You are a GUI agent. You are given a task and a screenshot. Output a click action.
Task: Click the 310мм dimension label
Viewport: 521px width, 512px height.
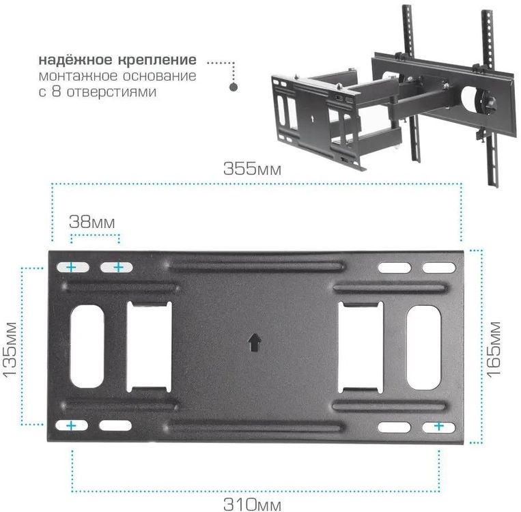tap(252, 505)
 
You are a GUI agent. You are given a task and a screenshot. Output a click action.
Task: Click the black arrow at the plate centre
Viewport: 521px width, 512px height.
tap(254, 341)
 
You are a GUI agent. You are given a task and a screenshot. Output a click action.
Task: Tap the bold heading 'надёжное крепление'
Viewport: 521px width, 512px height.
tap(117, 60)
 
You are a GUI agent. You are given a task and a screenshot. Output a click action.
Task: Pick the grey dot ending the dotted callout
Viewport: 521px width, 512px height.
tap(234, 87)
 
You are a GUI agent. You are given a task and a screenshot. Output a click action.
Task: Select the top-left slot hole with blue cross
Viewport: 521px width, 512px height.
tap(71, 267)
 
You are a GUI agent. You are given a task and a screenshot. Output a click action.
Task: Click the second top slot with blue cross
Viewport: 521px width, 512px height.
tap(117, 267)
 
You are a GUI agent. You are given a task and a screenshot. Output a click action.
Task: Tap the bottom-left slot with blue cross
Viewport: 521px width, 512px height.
tap(71, 425)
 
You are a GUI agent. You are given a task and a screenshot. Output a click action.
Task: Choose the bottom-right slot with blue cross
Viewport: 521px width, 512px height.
tap(438, 426)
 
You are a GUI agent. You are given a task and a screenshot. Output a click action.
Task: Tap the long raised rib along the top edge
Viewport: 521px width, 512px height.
tap(256, 264)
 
